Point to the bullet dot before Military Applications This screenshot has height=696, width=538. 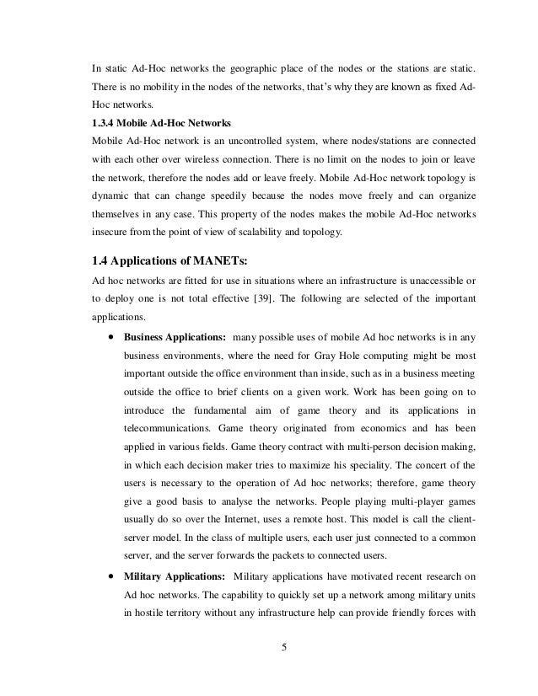point(111,576)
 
